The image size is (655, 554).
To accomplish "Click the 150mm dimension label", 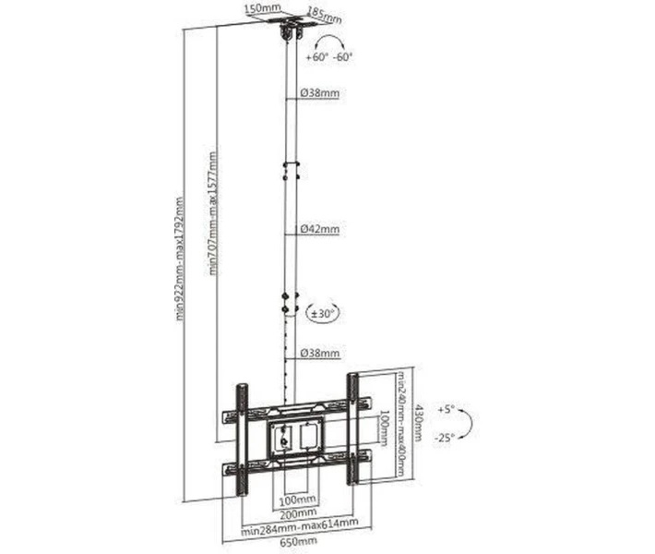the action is (257, 9).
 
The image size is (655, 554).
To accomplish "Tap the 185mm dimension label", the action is (324, 15).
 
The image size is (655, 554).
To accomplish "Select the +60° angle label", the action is (316, 57).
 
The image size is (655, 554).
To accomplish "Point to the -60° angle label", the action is (343, 57).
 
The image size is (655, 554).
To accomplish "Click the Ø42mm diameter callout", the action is (320, 229).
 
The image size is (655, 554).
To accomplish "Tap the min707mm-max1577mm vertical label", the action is (213, 212).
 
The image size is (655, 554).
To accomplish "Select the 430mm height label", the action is (418, 423).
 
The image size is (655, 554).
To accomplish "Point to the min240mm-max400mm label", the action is (400, 424).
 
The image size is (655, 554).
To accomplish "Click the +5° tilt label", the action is (446, 409).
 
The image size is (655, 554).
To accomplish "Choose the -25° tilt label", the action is (444, 438).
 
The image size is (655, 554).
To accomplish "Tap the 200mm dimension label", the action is (298, 512).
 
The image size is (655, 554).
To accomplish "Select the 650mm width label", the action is (298, 542).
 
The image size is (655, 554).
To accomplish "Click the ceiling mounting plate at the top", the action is (290, 20).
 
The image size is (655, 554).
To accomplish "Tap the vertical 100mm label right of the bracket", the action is (384, 428).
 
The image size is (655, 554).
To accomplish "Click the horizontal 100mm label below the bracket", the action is (297, 500).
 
